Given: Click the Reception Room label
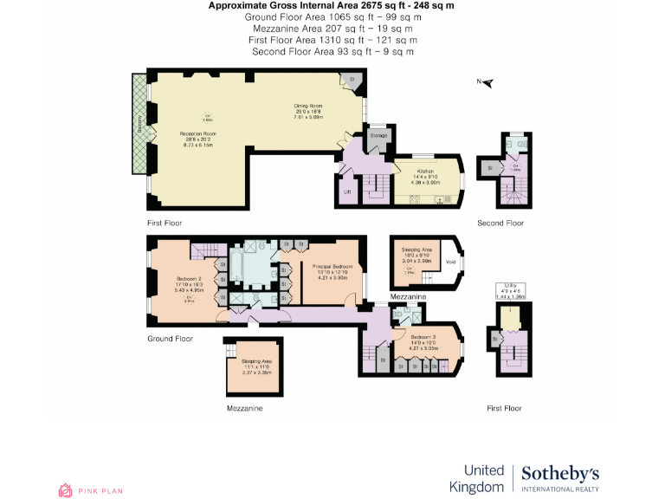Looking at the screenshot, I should [x=197, y=134].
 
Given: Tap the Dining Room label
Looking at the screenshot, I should [x=308, y=106].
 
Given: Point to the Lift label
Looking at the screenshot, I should [x=347, y=191].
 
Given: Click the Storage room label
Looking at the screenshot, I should [x=378, y=135].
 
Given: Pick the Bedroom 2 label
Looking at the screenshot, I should [x=190, y=279].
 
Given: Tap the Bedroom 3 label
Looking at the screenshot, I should [x=423, y=336].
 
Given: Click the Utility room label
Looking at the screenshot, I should [x=510, y=291].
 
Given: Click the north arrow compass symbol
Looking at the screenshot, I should [x=486, y=82].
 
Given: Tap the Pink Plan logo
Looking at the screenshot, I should [x=90, y=490].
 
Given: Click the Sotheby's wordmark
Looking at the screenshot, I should [x=560, y=474].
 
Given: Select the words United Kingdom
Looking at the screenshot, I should [x=476, y=478].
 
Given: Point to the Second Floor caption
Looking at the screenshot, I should [x=500, y=223].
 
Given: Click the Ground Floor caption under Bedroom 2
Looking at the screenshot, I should [x=170, y=339].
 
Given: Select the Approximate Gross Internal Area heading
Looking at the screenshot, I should [x=331, y=5].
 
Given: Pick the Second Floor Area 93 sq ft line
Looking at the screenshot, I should [x=332, y=51].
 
